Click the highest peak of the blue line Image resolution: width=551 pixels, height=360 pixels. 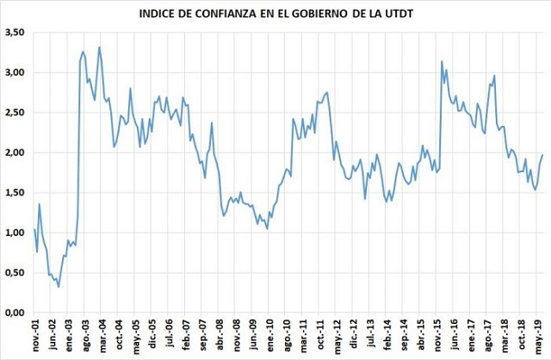tap(99, 47)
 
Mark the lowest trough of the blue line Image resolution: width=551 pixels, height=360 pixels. tap(59, 287)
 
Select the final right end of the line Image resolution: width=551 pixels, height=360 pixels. tap(542, 155)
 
